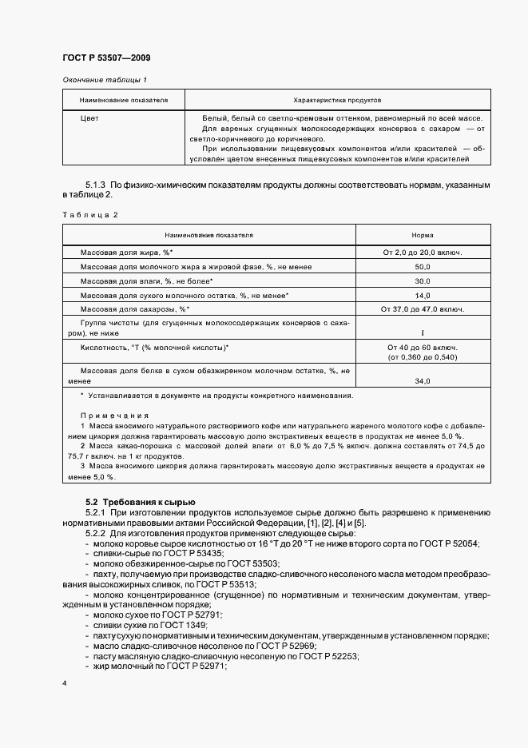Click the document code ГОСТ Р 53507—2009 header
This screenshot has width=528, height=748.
(x=106, y=58)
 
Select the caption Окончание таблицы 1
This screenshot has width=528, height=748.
(x=105, y=80)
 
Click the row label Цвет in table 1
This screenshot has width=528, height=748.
(x=89, y=117)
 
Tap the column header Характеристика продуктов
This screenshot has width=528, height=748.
(x=338, y=101)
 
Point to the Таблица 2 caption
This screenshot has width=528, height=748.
(x=89, y=215)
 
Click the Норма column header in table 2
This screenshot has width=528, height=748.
(x=423, y=236)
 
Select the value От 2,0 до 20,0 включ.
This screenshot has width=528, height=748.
(x=423, y=253)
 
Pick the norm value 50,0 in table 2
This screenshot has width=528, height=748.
(x=423, y=267)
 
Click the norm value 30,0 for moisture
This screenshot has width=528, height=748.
(x=423, y=281)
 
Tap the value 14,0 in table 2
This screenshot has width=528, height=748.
(x=423, y=295)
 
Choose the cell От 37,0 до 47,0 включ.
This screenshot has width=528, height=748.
(x=423, y=309)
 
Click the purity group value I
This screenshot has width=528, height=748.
(x=423, y=332)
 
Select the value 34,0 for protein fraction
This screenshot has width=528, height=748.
(x=423, y=381)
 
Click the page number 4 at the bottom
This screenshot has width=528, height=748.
(x=65, y=684)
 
